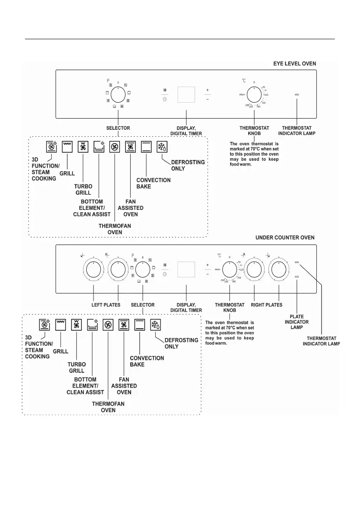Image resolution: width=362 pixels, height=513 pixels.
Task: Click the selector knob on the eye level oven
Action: (118, 94)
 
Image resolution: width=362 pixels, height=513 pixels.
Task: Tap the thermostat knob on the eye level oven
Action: (254, 94)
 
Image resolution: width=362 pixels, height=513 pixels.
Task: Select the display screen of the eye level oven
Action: (186, 94)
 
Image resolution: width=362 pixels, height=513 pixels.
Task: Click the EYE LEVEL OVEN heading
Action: (294, 63)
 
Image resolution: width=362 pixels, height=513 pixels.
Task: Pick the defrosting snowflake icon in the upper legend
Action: (162, 146)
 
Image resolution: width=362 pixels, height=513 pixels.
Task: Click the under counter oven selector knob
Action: (143, 270)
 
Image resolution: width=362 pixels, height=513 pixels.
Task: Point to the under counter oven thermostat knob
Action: (230, 270)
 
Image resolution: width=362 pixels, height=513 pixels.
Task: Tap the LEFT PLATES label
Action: (106, 305)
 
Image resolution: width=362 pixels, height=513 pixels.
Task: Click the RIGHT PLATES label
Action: (267, 305)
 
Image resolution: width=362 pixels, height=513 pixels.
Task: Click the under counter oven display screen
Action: (186, 269)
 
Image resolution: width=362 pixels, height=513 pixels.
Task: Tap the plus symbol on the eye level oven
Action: (207, 90)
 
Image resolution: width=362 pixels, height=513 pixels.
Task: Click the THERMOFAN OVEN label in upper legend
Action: (115, 229)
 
